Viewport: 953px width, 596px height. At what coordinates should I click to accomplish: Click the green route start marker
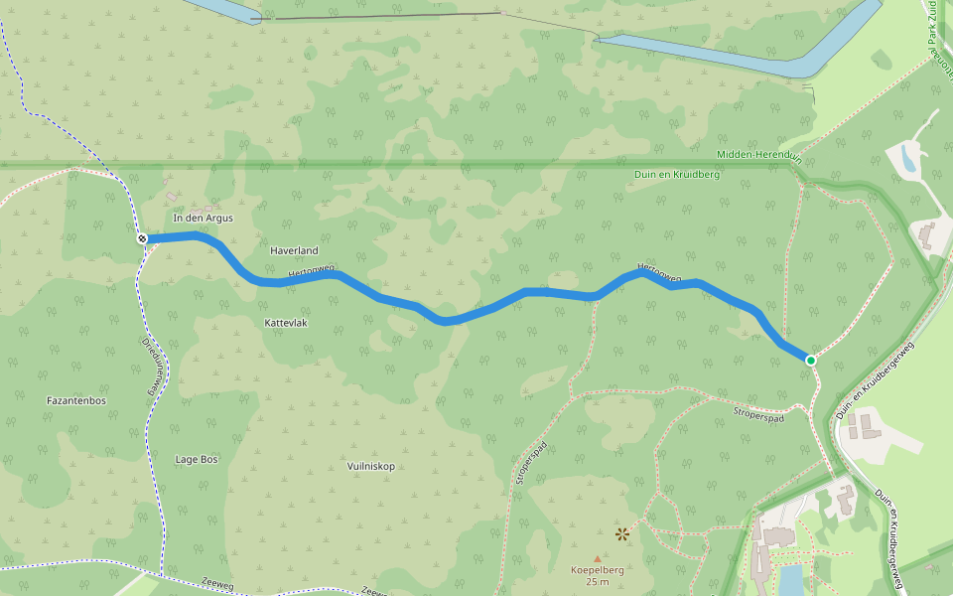pyautogui.click(x=811, y=360)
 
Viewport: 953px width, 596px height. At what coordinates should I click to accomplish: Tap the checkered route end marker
pyautogui.click(x=142, y=238)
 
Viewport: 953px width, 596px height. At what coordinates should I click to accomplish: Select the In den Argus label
pyautogui.click(x=203, y=218)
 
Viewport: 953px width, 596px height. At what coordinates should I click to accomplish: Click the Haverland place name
pyautogui.click(x=294, y=251)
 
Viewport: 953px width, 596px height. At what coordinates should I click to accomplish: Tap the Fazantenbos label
pyautogui.click(x=76, y=400)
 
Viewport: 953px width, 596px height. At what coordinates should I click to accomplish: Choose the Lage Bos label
pyautogui.click(x=196, y=459)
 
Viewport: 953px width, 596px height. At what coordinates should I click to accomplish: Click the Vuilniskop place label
pyautogui.click(x=371, y=466)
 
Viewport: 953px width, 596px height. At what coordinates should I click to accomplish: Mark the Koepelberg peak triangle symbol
pyautogui.click(x=597, y=558)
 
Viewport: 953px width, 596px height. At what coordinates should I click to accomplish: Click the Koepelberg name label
pyautogui.click(x=597, y=570)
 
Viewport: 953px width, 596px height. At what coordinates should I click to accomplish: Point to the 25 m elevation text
pyautogui.click(x=597, y=582)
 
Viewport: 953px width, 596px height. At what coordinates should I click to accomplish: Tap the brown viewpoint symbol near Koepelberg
pyautogui.click(x=622, y=534)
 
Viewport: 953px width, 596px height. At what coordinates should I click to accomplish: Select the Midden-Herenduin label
pyautogui.click(x=758, y=155)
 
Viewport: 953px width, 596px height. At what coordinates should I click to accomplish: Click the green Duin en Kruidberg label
pyautogui.click(x=676, y=174)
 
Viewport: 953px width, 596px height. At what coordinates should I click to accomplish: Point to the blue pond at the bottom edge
pyautogui.click(x=790, y=580)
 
